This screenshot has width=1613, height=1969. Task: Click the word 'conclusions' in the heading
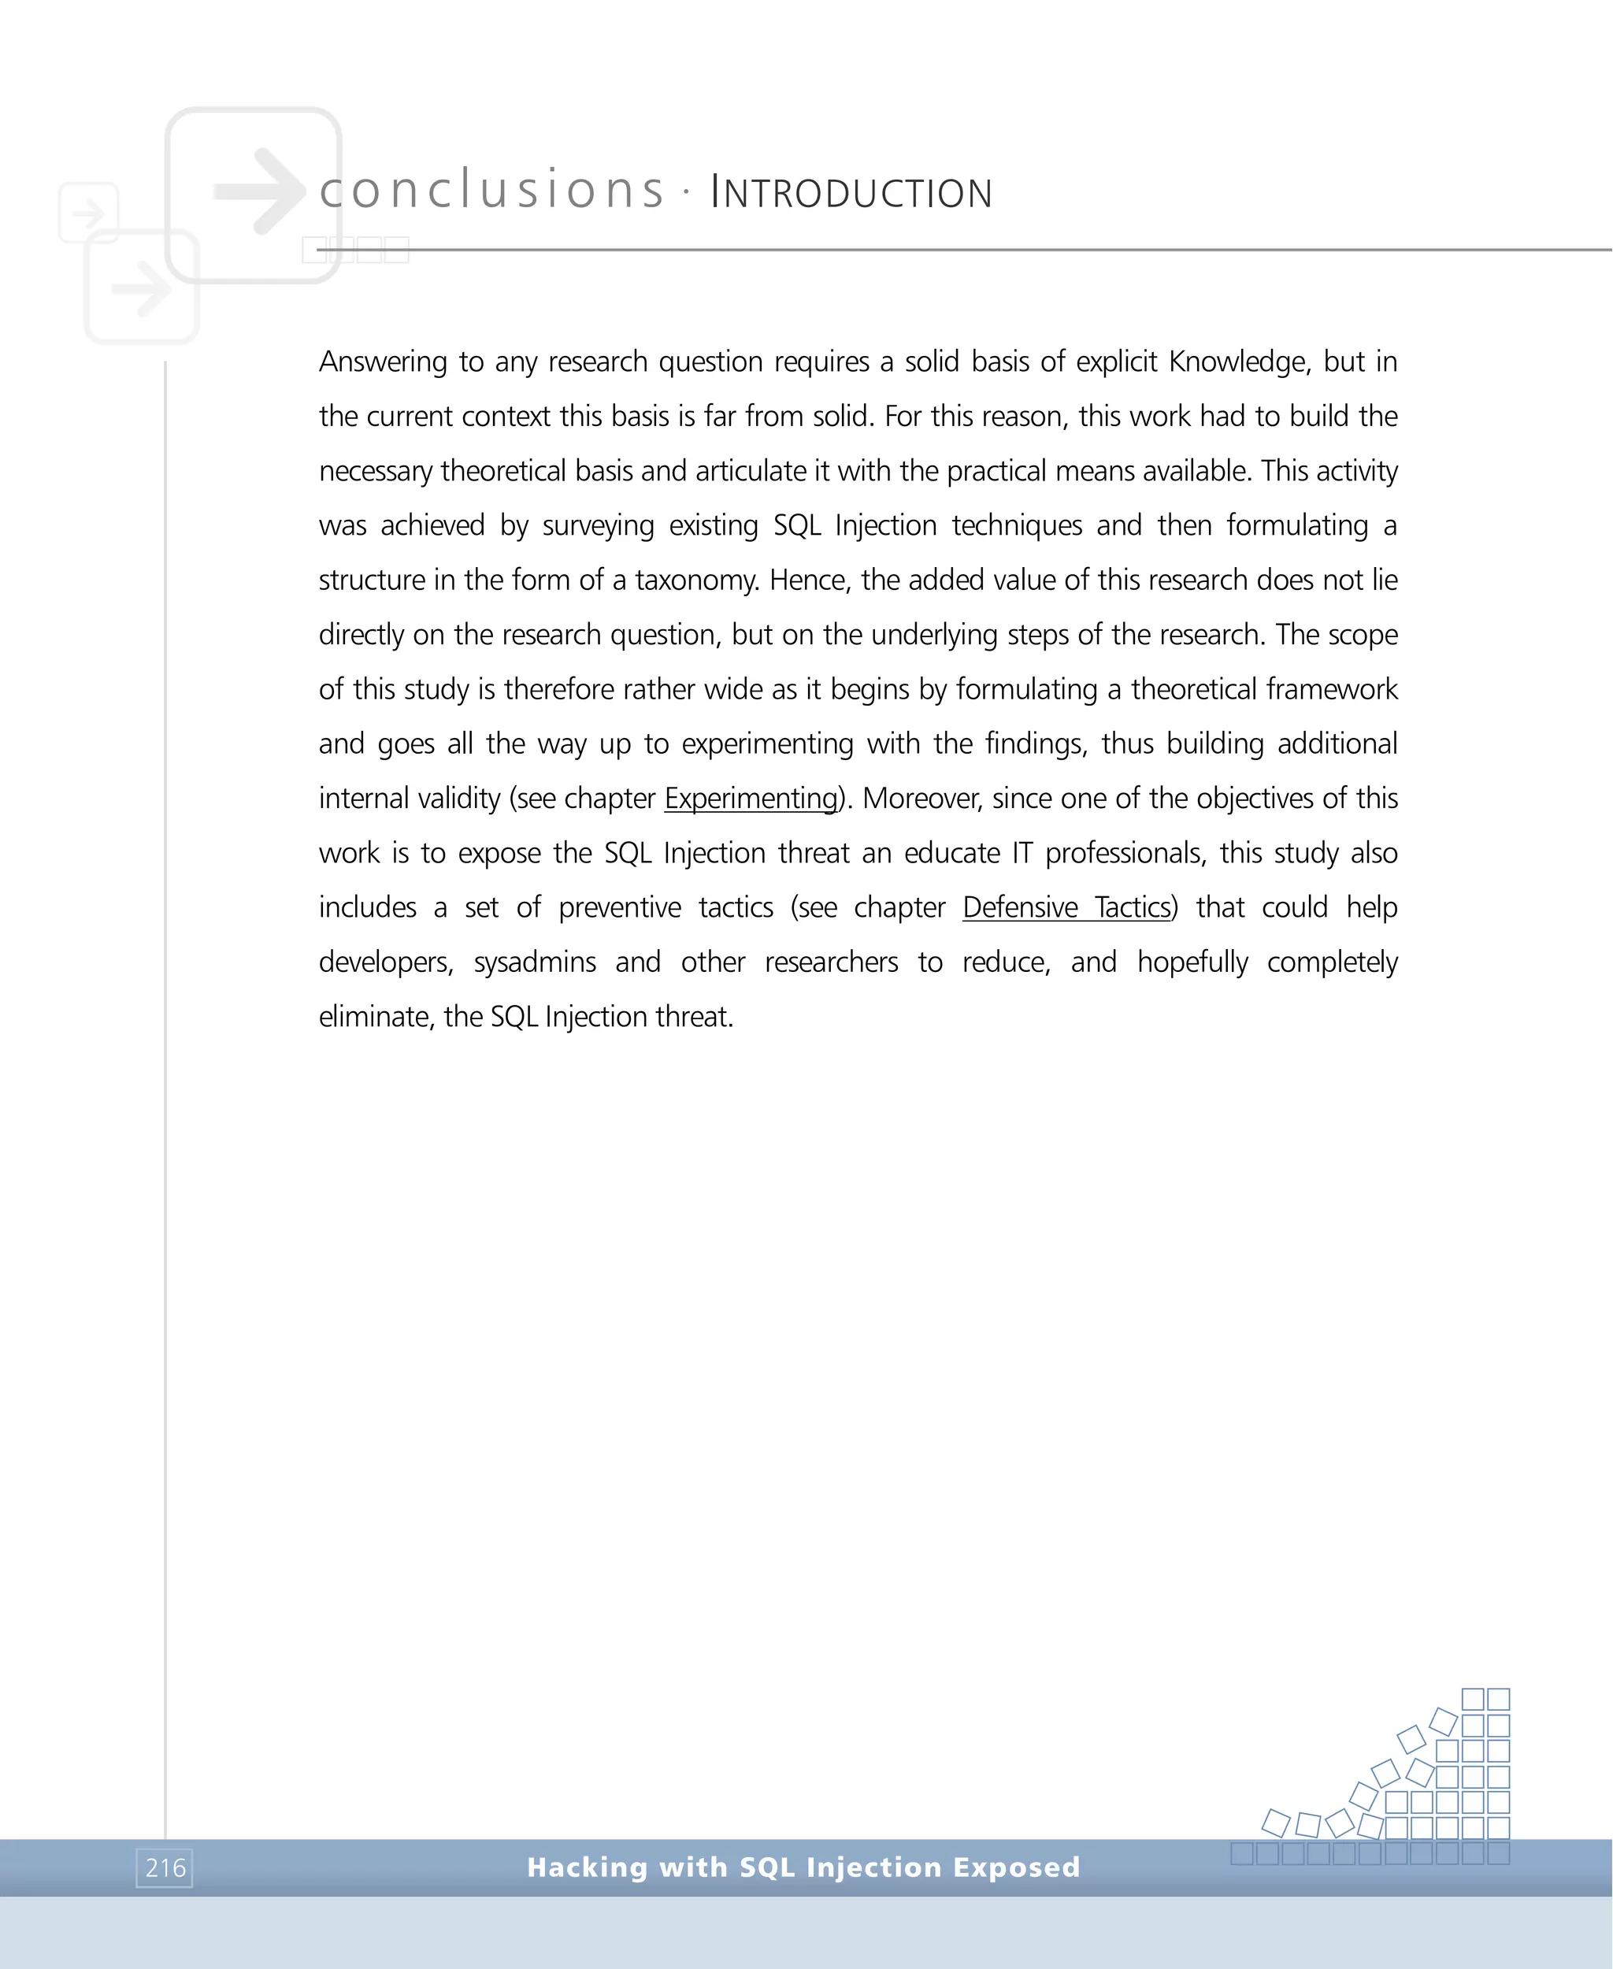coord(491,191)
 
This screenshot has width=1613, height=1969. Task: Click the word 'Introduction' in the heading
coord(851,193)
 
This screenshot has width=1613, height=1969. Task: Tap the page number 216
coord(165,1867)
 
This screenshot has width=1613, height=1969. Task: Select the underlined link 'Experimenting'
coord(751,798)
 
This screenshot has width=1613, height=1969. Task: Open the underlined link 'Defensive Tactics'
coord(1066,907)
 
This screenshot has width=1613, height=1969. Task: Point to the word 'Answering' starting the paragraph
coord(383,362)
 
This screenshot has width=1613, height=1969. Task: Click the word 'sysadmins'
coord(536,962)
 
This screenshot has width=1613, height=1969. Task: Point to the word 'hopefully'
coord(1192,962)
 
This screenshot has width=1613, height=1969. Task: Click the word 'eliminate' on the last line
coord(376,1017)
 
